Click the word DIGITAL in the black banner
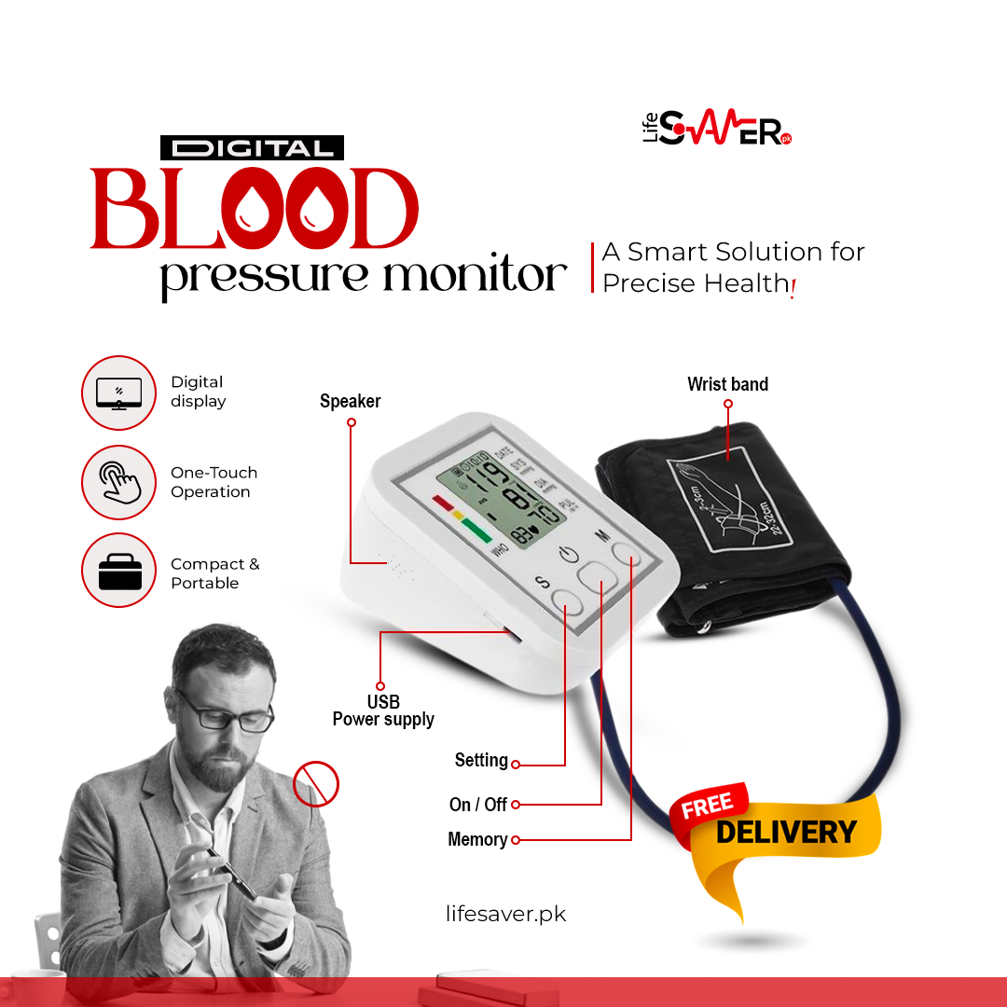(x=252, y=148)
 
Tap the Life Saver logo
(x=717, y=130)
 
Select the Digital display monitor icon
(x=118, y=393)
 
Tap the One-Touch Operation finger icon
(x=118, y=482)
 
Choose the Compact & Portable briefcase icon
(x=118, y=570)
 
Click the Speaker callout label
(x=350, y=402)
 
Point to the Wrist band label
(x=727, y=384)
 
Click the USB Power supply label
(x=383, y=710)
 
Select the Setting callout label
(x=481, y=761)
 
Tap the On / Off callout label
(x=477, y=804)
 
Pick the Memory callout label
(x=477, y=839)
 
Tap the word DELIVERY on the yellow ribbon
(x=785, y=832)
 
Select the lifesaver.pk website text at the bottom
(x=506, y=914)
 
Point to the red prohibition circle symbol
(x=316, y=783)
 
